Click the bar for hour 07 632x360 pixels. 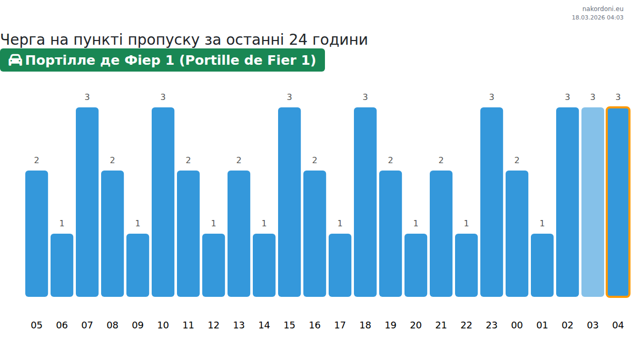(87, 202)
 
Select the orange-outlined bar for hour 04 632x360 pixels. (618, 202)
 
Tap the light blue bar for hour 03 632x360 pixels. (592, 202)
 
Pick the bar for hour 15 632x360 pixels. (289, 202)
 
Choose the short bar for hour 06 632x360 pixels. (62, 265)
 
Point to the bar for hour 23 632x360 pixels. (491, 202)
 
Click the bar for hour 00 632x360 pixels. (517, 234)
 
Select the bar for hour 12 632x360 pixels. (213, 265)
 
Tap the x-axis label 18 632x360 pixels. (365, 325)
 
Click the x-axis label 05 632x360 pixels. (36, 325)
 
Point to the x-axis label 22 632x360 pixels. (466, 325)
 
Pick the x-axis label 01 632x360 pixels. (542, 325)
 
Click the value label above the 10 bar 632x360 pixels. (163, 97)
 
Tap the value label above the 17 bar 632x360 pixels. (340, 223)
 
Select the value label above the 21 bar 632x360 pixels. (441, 160)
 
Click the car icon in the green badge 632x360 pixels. (15, 60)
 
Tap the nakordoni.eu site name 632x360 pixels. (603, 8)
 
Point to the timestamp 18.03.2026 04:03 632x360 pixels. (597, 17)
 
